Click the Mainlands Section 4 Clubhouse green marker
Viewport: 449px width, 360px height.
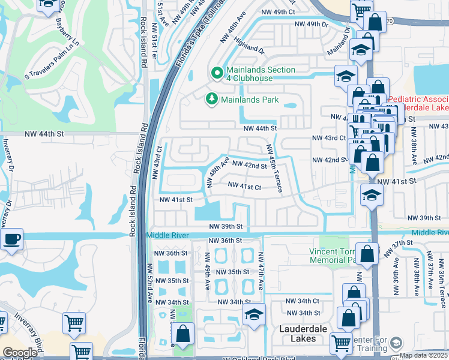217,73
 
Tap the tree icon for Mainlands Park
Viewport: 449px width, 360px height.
211,98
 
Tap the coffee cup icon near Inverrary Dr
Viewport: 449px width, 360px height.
11,239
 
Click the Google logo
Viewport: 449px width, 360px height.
20,353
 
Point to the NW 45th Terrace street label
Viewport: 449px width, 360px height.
273,169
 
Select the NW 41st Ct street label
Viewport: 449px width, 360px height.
243,187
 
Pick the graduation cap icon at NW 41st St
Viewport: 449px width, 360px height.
372,194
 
